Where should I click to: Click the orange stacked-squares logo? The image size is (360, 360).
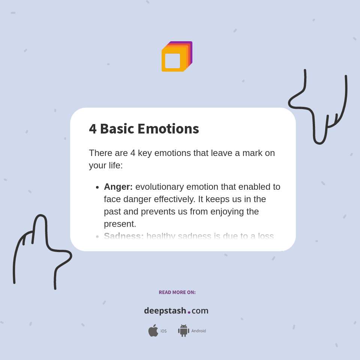[176, 57]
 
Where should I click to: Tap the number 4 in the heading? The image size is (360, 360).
[93, 129]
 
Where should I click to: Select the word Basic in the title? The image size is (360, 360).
[117, 129]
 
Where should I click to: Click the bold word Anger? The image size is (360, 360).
[118, 187]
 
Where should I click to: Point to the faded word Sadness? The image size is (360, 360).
[124, 236]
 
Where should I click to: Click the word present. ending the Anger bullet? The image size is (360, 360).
[120, 224]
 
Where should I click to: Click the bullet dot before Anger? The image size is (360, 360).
[97, 187]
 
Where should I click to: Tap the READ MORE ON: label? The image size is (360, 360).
[177, 292]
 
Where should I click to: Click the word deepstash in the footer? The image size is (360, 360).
[165, 310]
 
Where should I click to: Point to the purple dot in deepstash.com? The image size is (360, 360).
[189, 312]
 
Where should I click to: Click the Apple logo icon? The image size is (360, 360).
[153, 330]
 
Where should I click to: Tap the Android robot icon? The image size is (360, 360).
[183, 330]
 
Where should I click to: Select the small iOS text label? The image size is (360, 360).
[163, 331]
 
